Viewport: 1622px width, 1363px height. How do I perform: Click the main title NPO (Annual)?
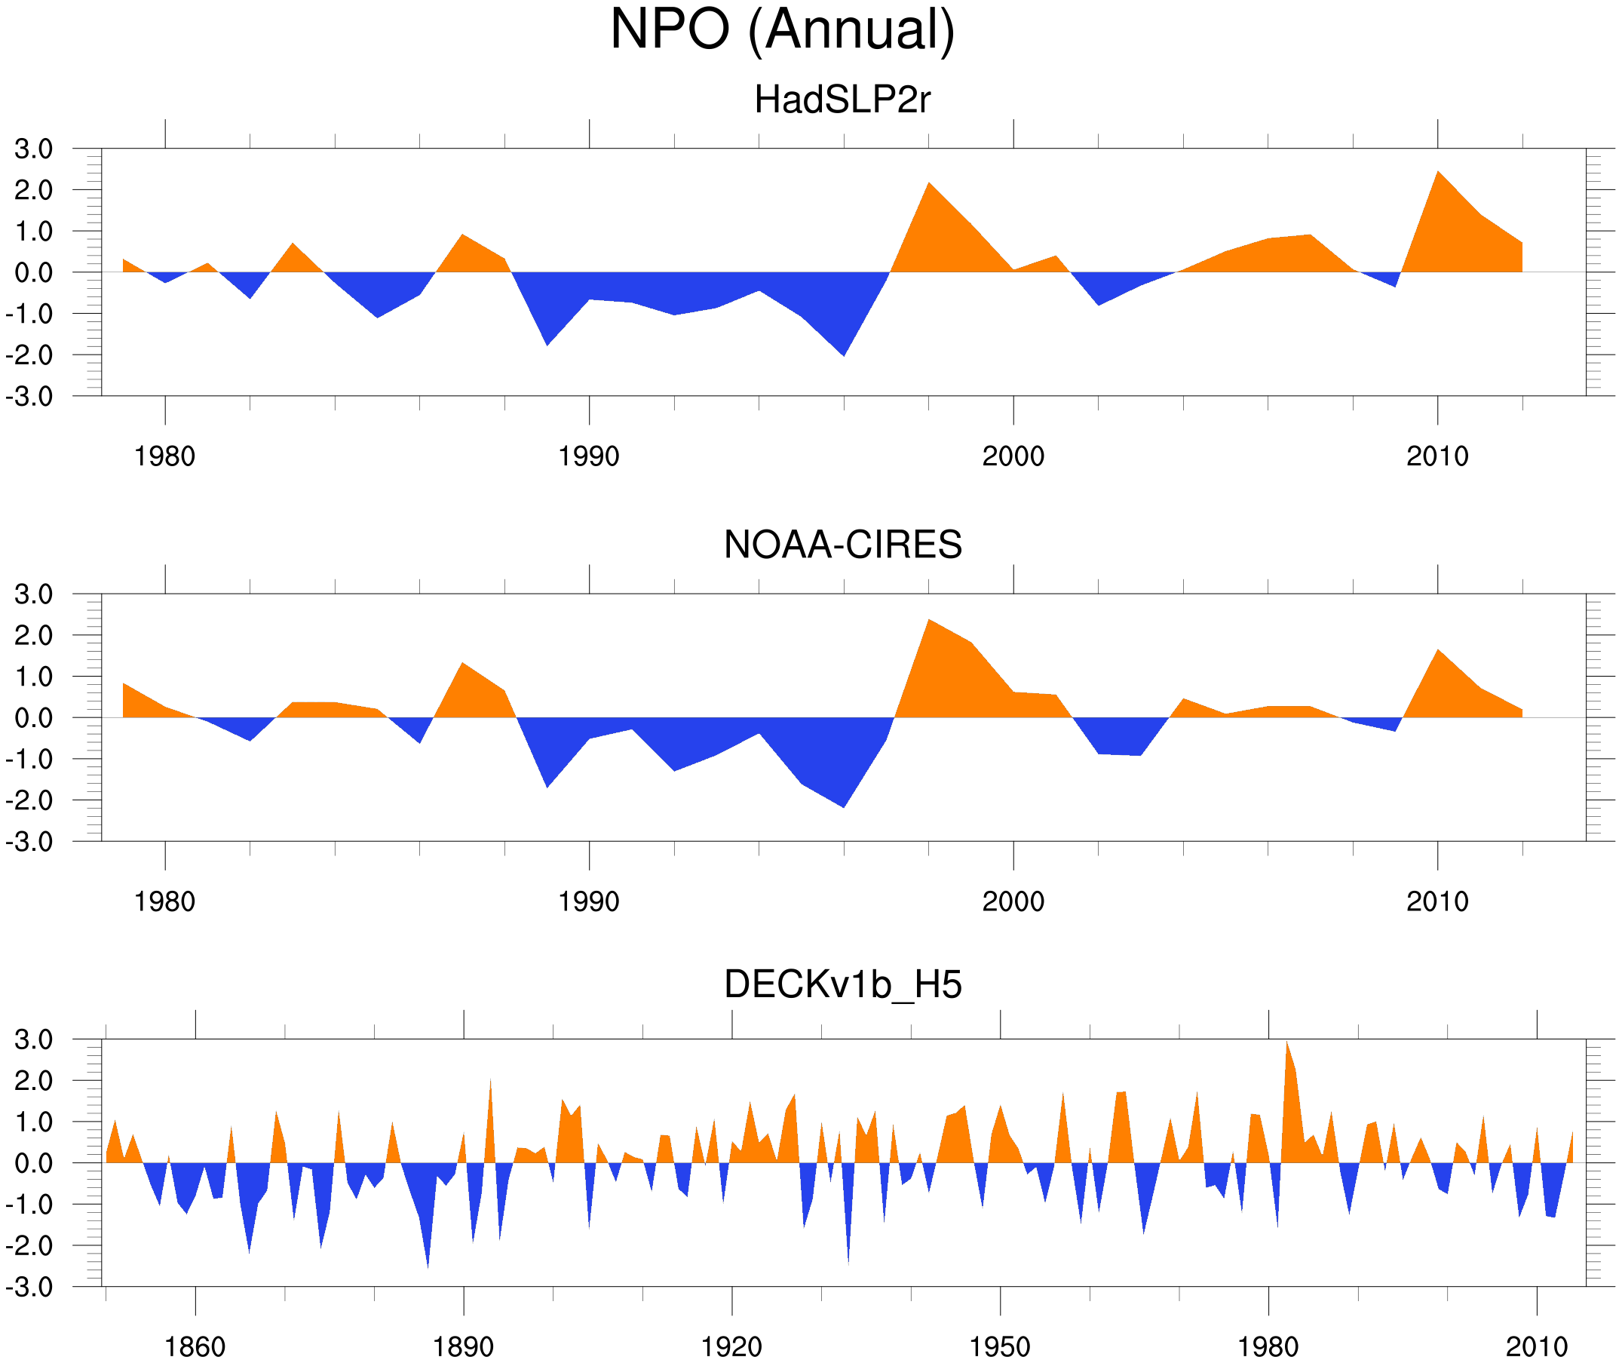pos(783,29)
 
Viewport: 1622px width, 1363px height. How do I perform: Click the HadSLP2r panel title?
pos(842,100)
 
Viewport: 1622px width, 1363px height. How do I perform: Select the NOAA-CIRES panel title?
pos(842,545)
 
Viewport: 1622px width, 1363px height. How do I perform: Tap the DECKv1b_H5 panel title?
pos(842,985)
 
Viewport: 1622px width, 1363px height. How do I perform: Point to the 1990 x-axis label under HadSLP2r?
pos(589,456)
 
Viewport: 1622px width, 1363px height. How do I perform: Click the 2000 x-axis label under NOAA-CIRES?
pos(1013,901)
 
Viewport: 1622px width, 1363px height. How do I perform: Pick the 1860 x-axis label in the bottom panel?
pos(195,1346)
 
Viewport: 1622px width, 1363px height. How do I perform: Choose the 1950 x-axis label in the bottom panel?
pos(999,1346)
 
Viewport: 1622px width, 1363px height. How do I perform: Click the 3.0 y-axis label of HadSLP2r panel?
pos(33,149)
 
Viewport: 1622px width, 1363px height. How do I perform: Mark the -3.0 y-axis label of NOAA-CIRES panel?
pos(29,842)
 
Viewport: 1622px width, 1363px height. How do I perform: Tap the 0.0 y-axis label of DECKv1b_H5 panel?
pos(33,1163)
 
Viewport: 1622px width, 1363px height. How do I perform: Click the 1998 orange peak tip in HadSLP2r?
pos(928,184)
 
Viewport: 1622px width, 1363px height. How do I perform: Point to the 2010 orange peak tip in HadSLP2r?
pos(1437,172)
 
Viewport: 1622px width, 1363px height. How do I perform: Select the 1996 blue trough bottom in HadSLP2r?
pos(844,355)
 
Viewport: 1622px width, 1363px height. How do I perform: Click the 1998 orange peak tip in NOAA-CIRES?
pos(929,621)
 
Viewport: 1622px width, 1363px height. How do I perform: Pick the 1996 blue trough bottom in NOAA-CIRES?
pos(844,806)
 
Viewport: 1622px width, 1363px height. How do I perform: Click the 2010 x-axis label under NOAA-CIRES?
pos(1436,901)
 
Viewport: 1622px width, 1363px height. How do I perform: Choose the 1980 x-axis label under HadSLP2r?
pos(164,456)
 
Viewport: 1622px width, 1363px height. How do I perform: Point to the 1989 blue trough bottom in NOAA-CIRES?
pos(547,787)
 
